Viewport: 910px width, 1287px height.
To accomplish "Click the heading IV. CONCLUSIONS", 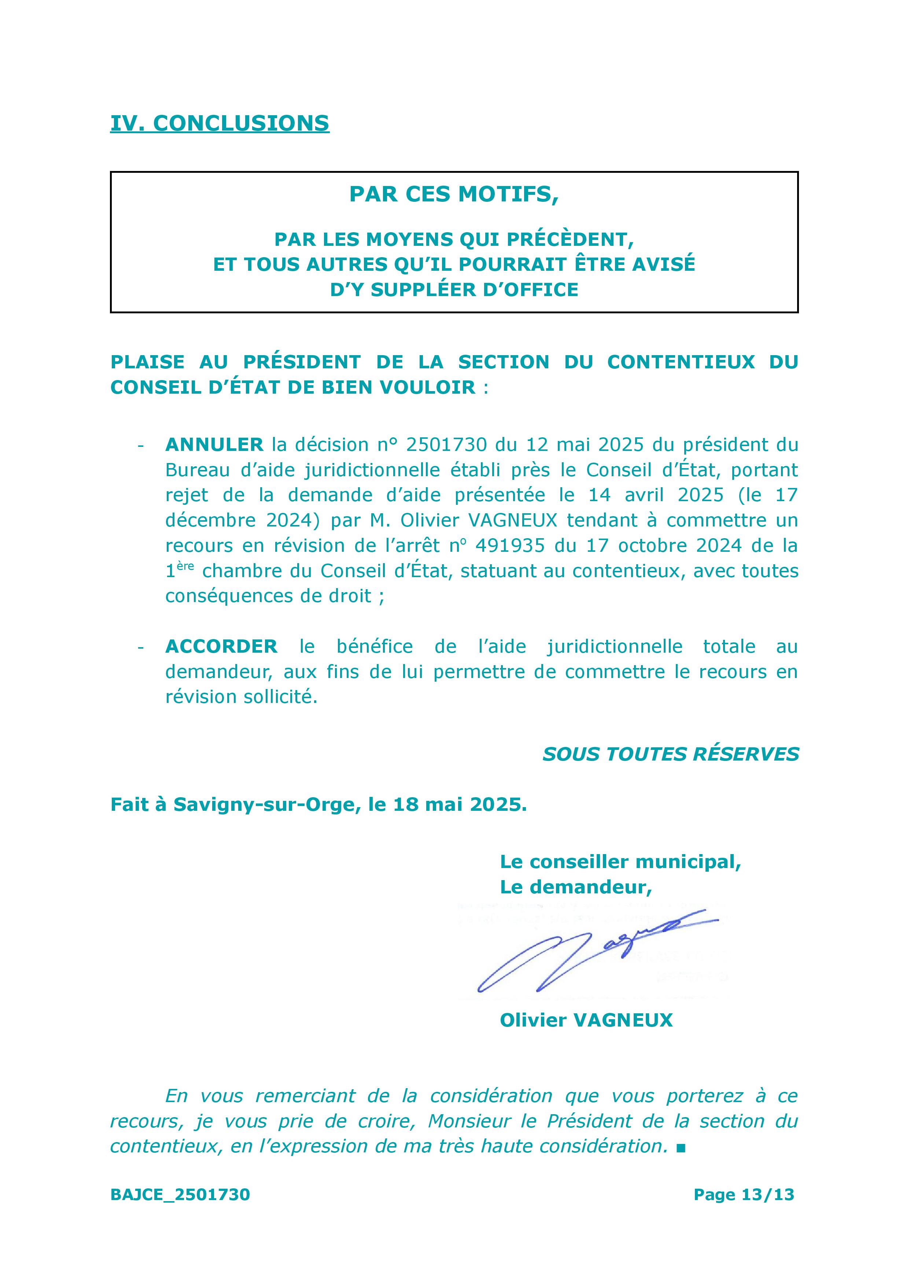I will click(220, 123).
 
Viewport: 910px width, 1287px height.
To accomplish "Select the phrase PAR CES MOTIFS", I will click(453, 194).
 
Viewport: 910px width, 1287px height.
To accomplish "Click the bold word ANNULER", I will click(214, 445).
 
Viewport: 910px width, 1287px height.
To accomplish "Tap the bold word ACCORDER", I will click(221, 646).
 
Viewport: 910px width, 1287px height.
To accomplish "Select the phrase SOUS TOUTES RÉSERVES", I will click(670, 754).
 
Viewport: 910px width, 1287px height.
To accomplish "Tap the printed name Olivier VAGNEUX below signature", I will click(586, 1020).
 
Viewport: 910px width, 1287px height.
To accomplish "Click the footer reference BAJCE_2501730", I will click(180, 1195).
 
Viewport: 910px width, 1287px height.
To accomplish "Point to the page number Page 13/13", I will click(744, 1195).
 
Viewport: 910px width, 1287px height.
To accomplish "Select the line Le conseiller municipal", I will click(620, 861).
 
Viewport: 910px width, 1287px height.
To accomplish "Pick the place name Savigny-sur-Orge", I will click(265, 804).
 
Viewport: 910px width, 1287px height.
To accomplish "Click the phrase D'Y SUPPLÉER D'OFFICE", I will click(454, 289).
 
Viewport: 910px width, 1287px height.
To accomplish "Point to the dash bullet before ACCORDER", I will click(141, 646).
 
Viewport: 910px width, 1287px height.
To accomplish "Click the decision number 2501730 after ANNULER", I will click(446, 445).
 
